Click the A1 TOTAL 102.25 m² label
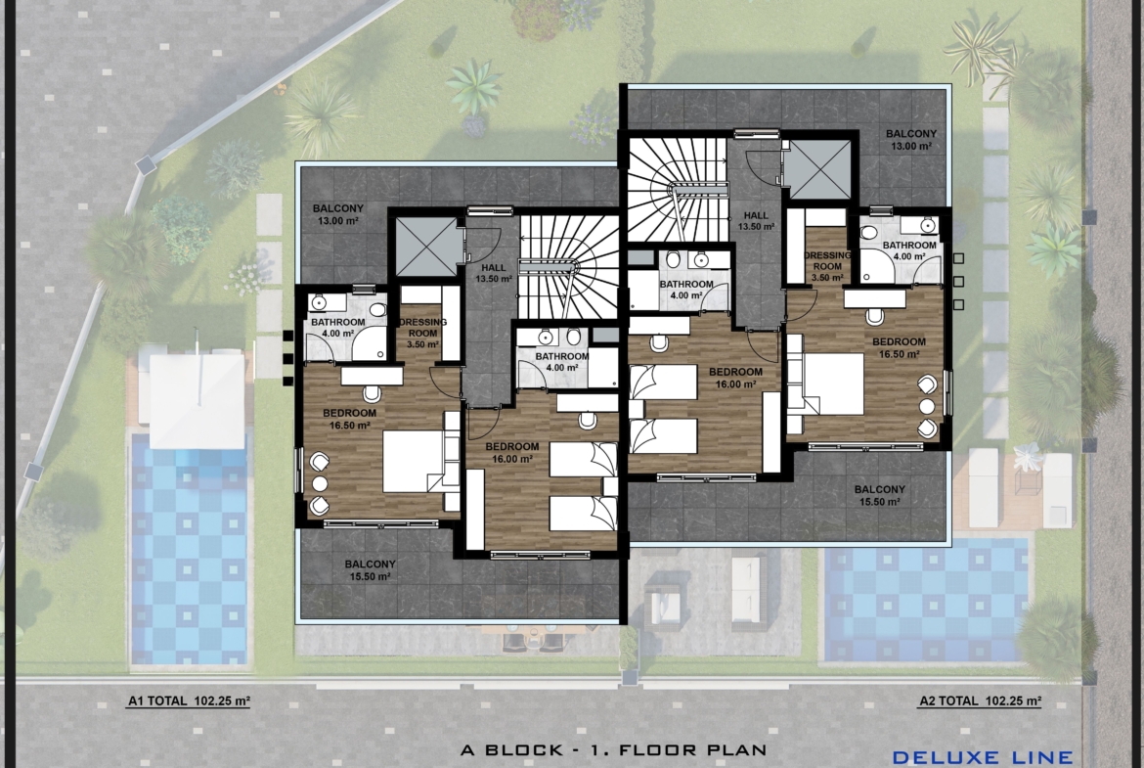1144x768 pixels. [189, 700]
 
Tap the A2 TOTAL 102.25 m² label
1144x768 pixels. [980, 700]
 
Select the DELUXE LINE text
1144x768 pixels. [983, 758]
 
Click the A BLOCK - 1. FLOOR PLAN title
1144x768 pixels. [614, 749]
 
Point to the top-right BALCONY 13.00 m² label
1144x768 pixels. [911, 140]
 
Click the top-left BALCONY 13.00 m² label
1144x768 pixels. [337, 214]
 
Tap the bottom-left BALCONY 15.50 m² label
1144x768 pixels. [370, 569]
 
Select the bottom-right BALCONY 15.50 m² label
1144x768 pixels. [880, 495]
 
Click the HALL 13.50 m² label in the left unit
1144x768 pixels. [494, 273]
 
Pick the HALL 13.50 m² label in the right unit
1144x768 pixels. [756, 220]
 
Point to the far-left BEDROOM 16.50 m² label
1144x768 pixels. [349, 419]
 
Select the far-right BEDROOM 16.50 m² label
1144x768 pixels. [899, 347]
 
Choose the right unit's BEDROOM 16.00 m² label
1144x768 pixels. [735, 378]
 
